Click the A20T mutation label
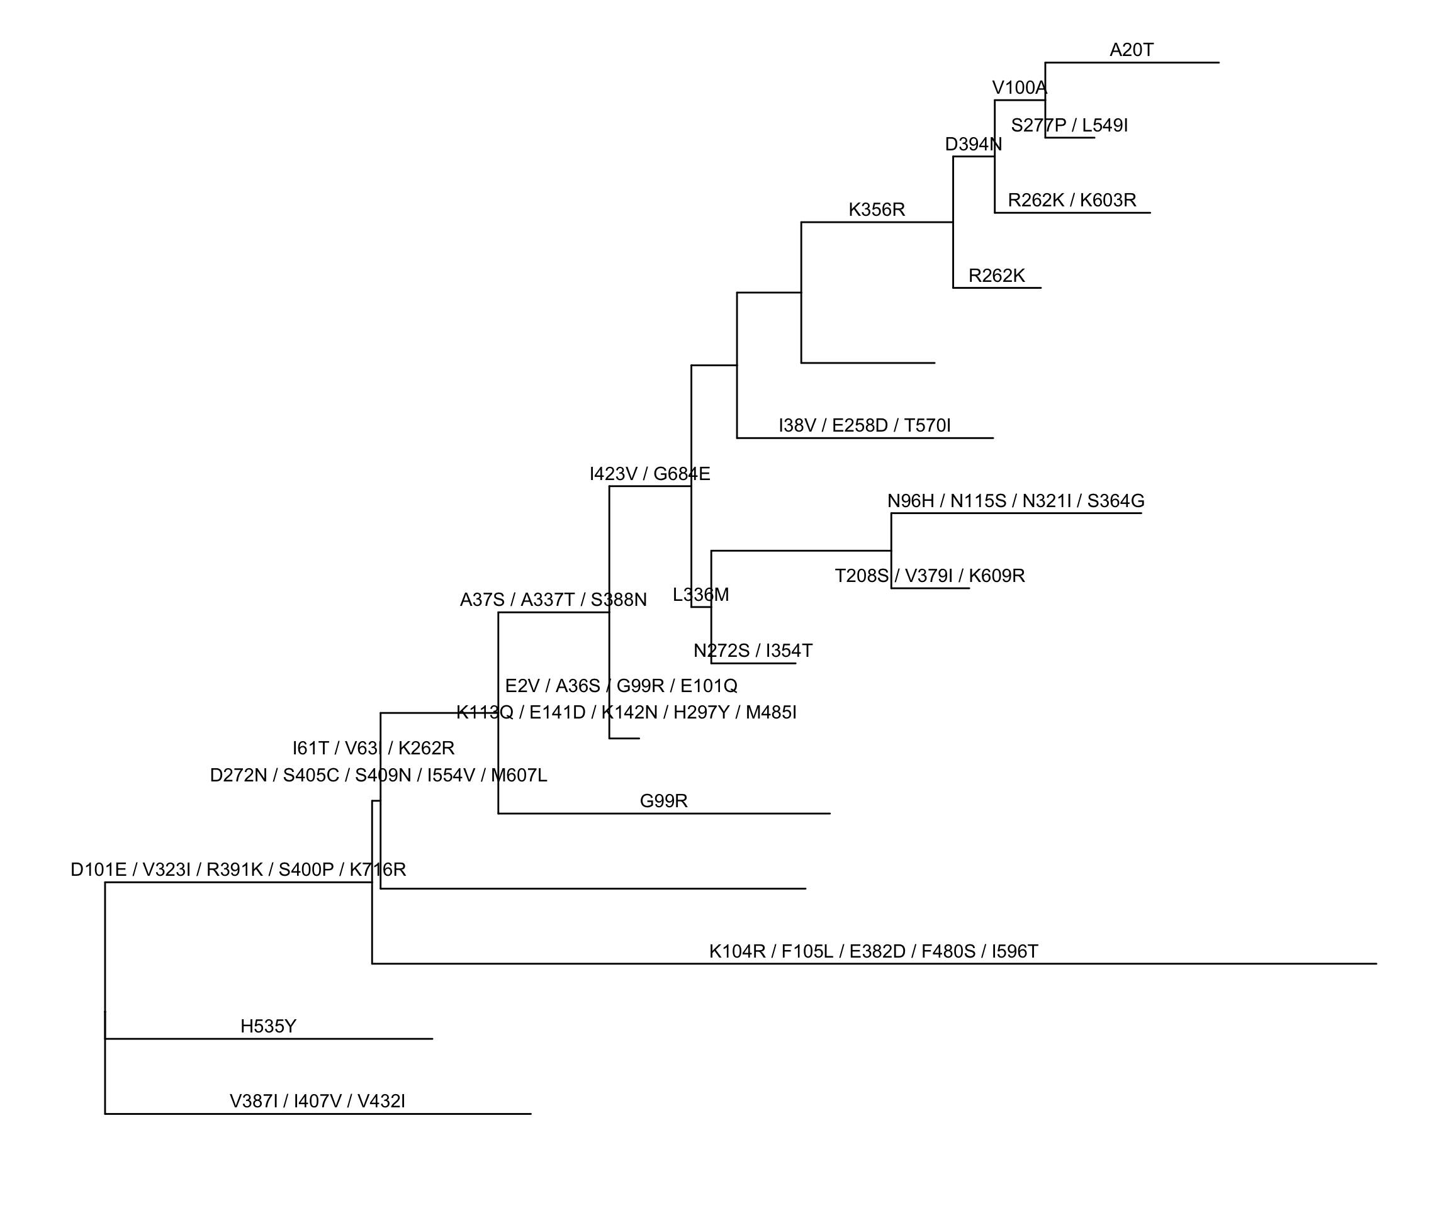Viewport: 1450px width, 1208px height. coord(1131,50)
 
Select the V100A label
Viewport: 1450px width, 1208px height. coord(1019,88)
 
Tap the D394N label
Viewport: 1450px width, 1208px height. coord(973,145)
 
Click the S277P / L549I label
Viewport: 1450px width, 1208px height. coord(1069,126)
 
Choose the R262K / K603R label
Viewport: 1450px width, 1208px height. coord(1072,201)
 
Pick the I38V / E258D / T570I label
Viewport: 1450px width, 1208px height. coord(865,426)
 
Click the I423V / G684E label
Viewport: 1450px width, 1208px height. coord(649,474)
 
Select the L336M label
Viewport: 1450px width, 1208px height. coord(701,595)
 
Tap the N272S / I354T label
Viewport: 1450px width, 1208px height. coord(753,651)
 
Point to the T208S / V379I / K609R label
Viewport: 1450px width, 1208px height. coord(930,576)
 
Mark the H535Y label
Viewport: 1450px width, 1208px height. coord(268,1026)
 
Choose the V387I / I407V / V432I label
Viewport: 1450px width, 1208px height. coord(317,1102)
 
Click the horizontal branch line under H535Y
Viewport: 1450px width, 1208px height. coord(269,1039)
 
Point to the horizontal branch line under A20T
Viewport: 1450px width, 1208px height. coord(1132,63)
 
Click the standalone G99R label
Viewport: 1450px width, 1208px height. coord(663,802)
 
